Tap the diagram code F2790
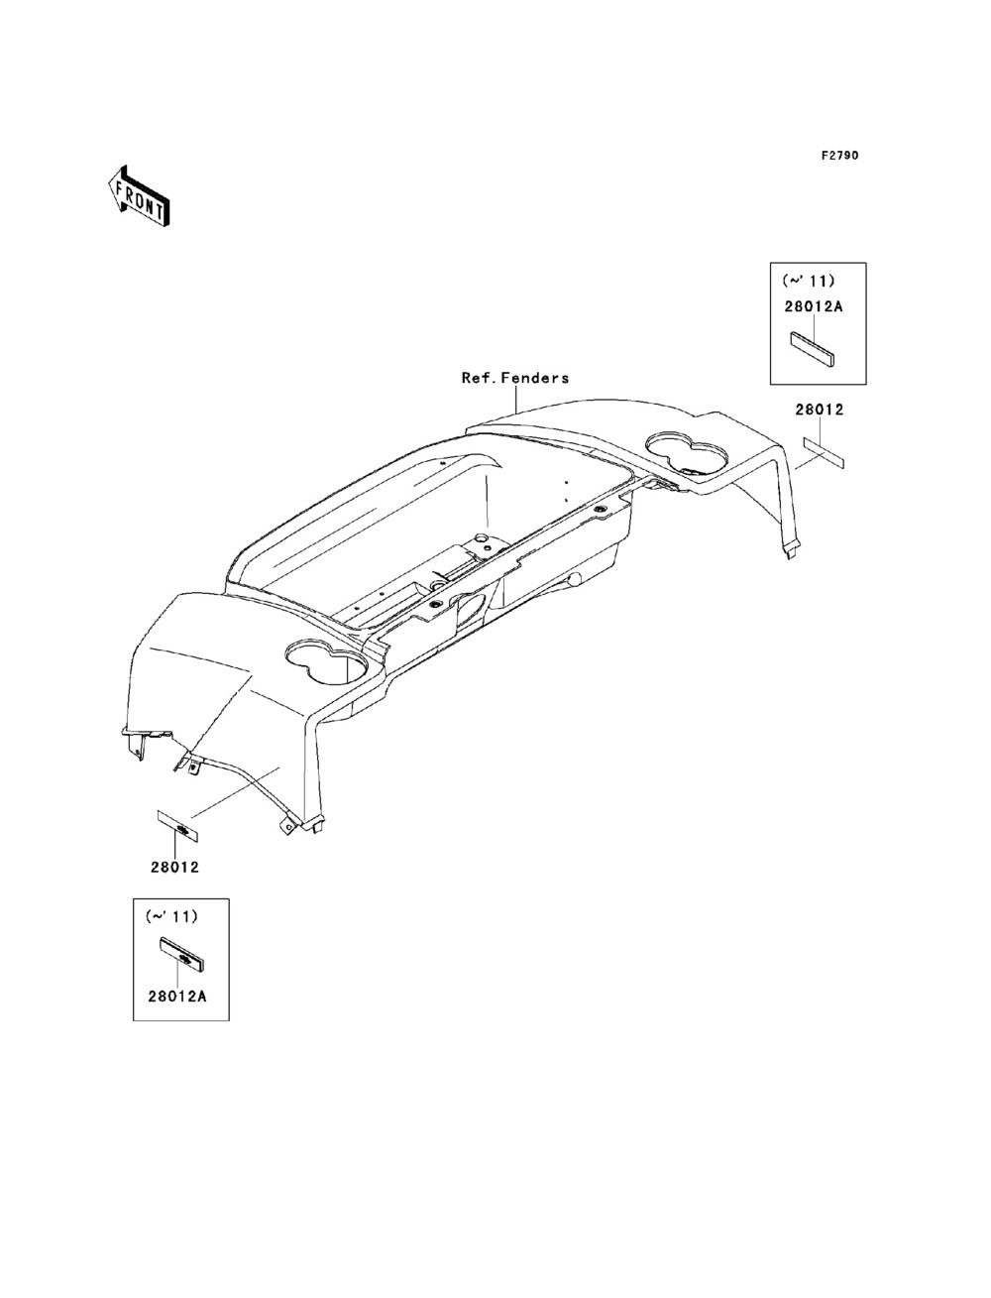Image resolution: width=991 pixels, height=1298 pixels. point(838,157)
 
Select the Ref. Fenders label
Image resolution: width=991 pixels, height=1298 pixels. point(515,378)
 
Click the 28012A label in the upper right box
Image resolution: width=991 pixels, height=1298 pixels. point(813,306)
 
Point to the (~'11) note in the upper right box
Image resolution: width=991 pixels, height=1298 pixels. point(809,281)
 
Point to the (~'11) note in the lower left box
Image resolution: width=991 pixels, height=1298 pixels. point(171,917)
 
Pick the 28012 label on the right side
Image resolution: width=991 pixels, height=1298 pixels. point(819,409)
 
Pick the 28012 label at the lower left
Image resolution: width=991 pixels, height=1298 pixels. point(175,867)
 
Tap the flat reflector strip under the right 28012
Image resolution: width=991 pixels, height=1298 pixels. point(824,451)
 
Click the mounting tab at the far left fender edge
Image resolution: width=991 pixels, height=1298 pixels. point(133,738)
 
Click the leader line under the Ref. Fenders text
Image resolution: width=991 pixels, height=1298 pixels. point(517,400)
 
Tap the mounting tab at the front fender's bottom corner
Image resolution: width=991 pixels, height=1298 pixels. point(288,822)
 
